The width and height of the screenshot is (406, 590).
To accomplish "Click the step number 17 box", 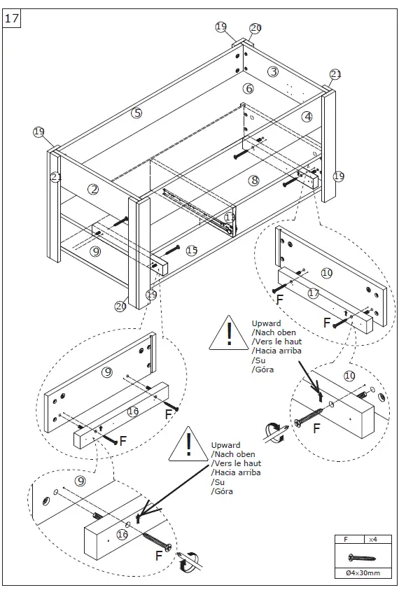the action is [x=12, y=18].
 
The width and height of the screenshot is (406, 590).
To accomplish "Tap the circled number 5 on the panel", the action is [x=136, y=113].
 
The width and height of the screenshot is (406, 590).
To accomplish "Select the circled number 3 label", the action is [x=273, y=71].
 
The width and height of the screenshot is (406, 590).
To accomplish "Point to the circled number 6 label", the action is [x=248, y=88].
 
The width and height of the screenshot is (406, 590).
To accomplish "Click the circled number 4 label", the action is [x=307, y=117].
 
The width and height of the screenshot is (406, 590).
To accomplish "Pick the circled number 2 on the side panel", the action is [x=93, y=189].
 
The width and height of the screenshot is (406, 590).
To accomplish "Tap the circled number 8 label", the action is [x=254, y=181].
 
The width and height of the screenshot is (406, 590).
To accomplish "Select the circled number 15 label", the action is [x=192, y=251].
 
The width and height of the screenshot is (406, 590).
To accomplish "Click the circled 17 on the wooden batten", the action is [x=314, y=293].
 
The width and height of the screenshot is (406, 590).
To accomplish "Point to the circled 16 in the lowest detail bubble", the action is [x=122, y=534].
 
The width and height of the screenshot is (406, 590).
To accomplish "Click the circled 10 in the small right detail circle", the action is [x=349, y=376].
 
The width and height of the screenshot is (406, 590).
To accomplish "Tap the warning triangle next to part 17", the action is [x=229, y=333].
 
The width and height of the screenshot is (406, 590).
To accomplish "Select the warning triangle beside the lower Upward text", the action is [x=188, y=444].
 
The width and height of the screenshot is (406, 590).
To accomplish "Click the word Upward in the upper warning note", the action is [x=266, y=323].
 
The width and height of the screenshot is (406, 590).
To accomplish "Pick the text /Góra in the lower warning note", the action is [x=222, y=491].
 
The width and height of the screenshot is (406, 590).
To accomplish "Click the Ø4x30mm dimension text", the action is [x=363, y=573].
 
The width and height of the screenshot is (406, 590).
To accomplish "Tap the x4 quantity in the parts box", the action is [x=372, y=540].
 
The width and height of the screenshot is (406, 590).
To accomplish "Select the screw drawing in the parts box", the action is [x=362, y=557].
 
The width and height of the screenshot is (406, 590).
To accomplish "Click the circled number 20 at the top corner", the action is [x=255, y=28].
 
